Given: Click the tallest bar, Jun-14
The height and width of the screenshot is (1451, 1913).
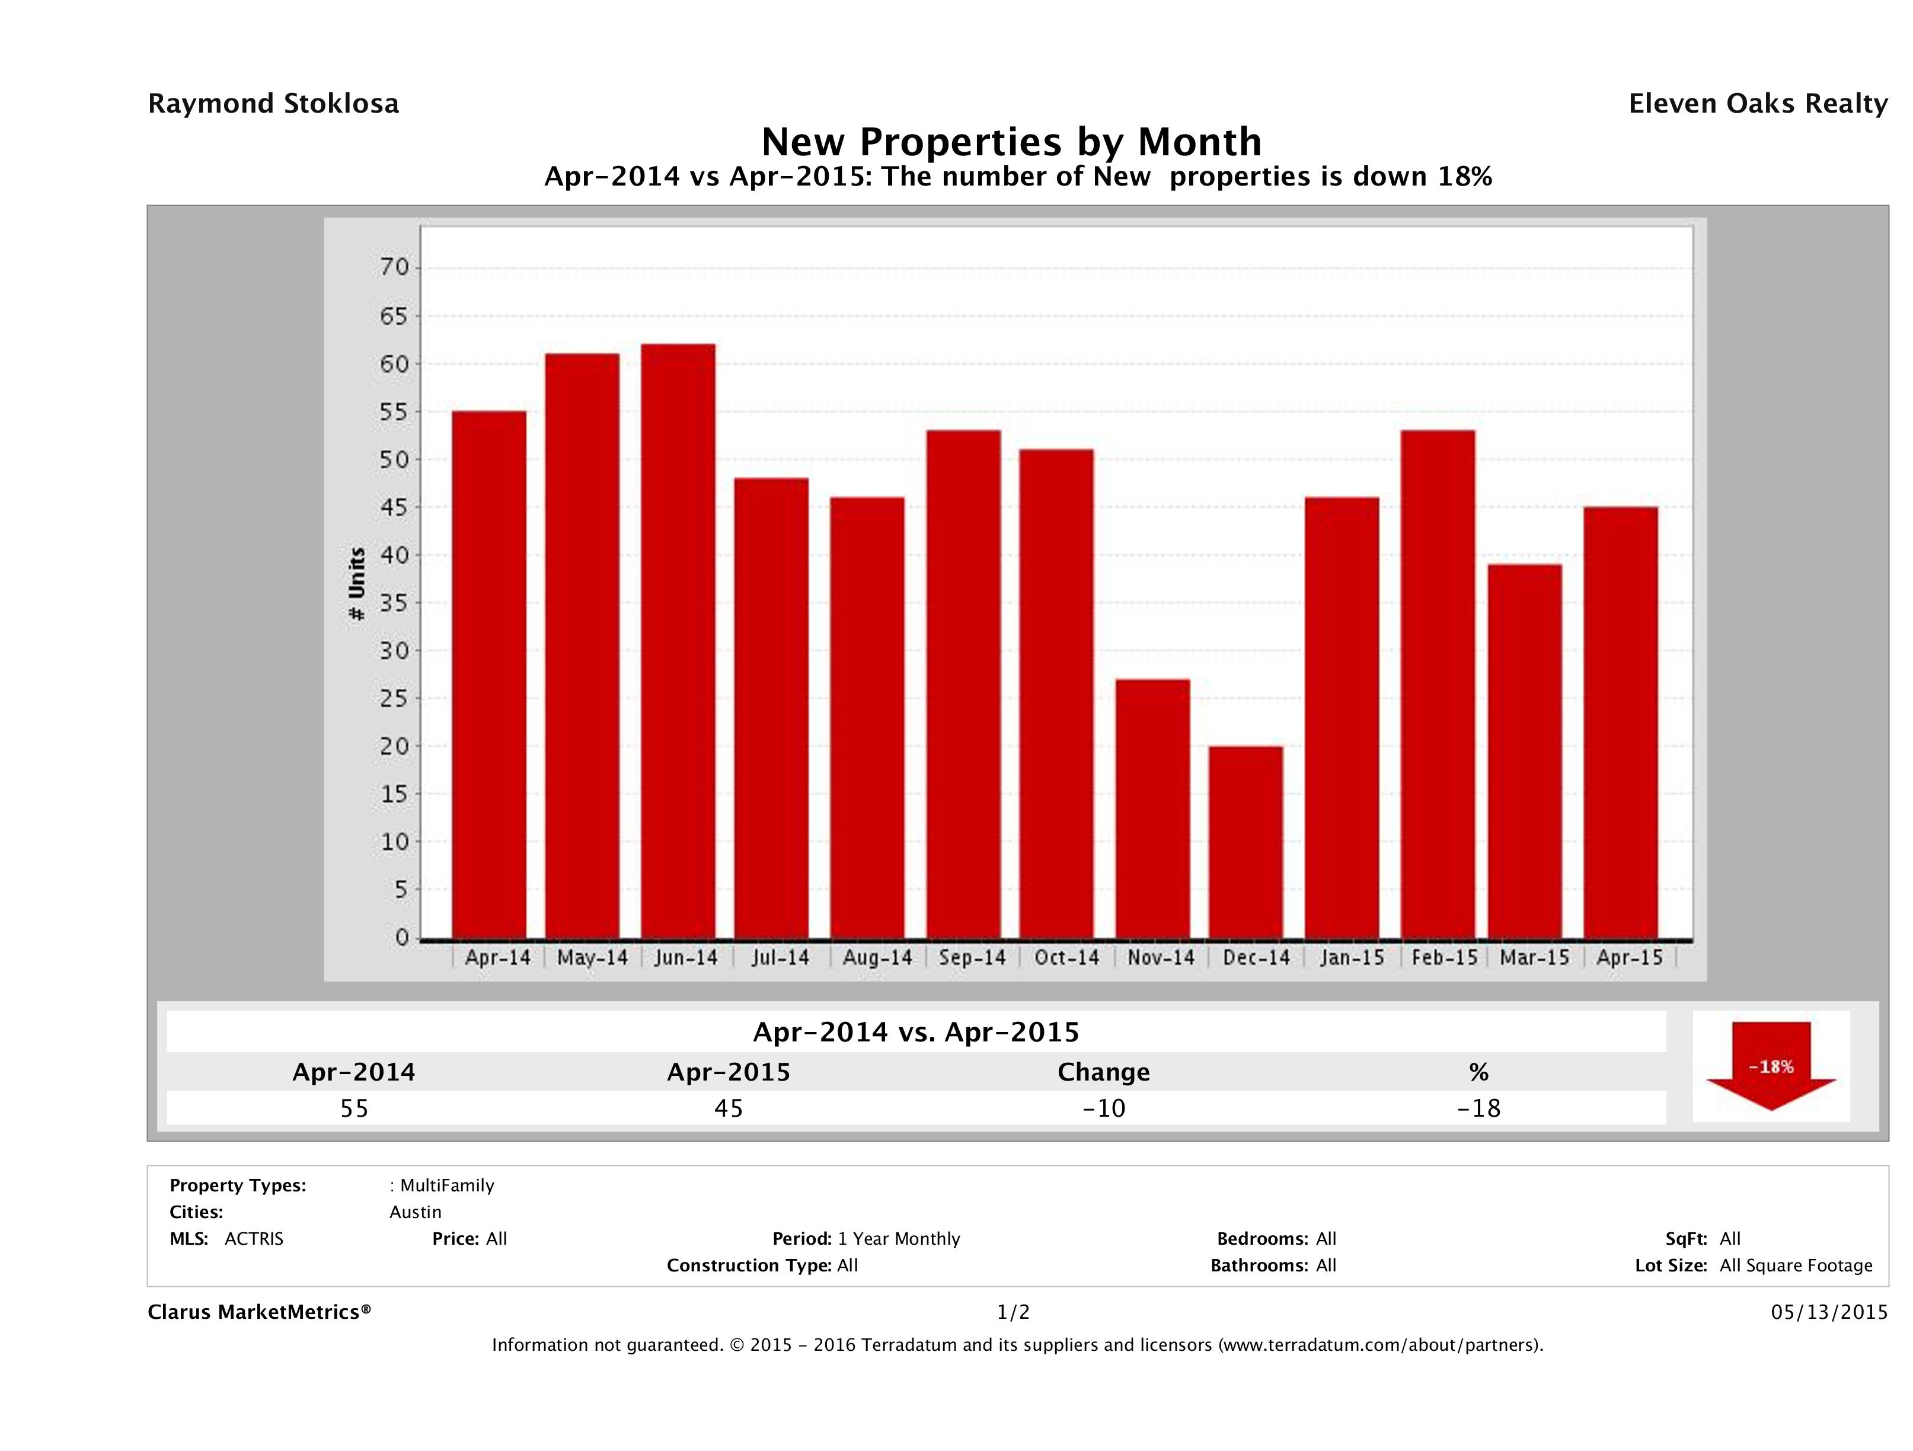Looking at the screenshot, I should coord(678,641).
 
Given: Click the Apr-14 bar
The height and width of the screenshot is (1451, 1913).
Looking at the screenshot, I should coord(488,675).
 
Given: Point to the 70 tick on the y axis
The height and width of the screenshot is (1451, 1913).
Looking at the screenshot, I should coord(394,268).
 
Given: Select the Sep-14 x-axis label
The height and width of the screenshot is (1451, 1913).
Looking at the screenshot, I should coord(972,958).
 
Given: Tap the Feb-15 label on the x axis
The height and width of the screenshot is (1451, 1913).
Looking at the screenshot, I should coord(1443,958).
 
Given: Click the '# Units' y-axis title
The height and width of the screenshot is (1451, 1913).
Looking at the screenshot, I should coord(356,584).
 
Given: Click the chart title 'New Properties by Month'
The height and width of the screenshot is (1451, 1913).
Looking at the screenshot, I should coord(1011,141).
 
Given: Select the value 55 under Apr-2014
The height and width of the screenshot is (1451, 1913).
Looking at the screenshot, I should coord(354,1108).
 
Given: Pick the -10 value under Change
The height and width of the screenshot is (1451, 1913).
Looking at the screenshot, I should coord(1104,1108).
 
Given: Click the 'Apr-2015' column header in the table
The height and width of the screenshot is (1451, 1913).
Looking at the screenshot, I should coord(728,1072).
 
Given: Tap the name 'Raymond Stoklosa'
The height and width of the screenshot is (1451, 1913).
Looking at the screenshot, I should coord(273,104).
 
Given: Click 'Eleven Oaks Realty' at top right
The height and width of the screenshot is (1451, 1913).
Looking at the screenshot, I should coord(1757,104).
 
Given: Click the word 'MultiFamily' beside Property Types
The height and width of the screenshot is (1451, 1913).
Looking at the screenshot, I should coord(447,1185).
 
